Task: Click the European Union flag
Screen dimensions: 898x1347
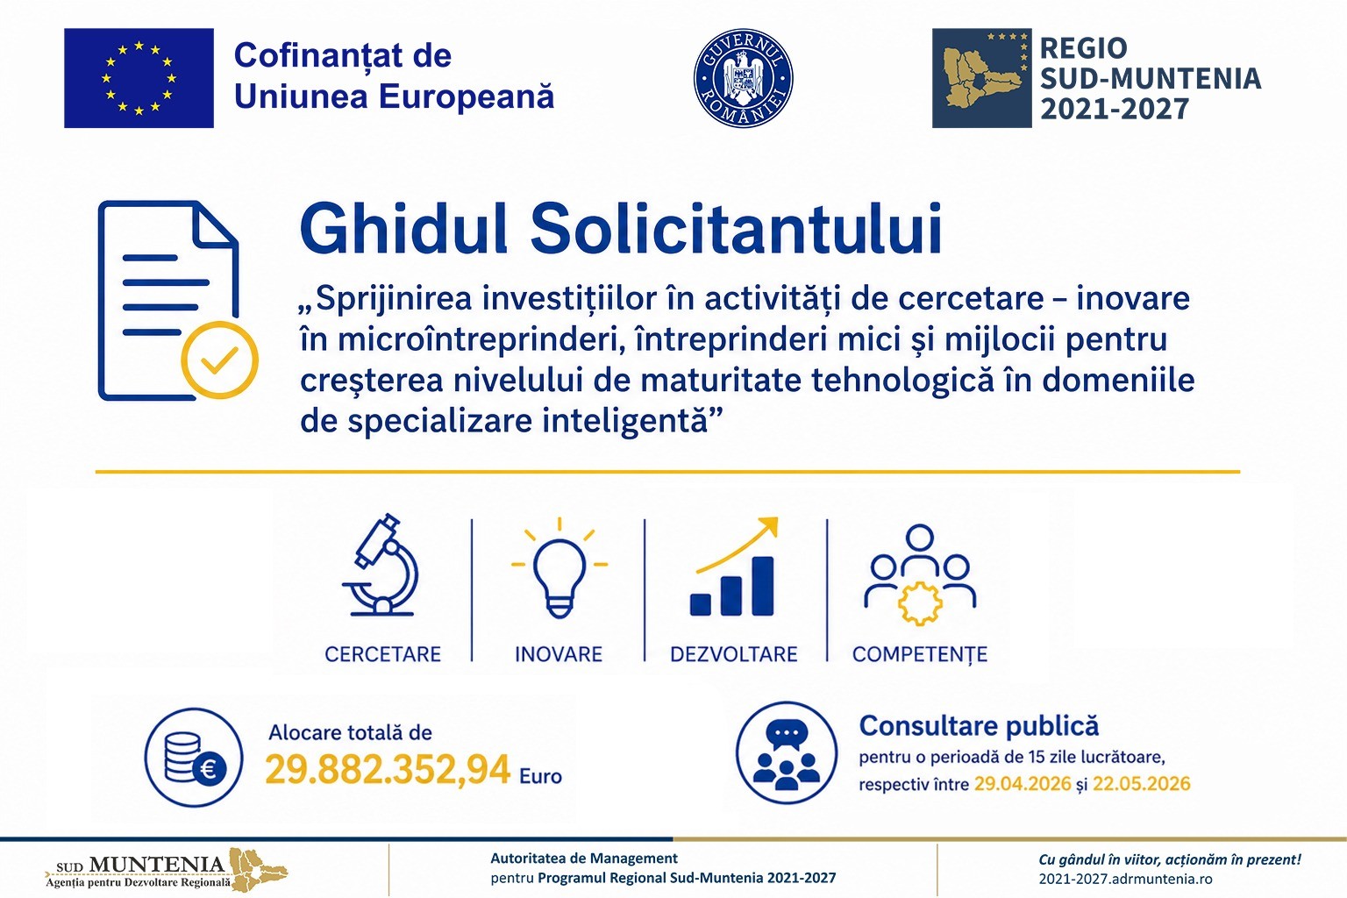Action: click(139, 78)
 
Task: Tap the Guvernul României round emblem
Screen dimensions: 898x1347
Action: click(743, 78)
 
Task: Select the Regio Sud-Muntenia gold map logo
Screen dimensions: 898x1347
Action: click(981, 78)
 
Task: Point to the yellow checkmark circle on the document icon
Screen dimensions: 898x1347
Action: click(219, 360)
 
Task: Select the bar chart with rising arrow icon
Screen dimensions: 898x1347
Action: click(733, 568)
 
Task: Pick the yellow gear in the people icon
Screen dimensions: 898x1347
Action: click(918, 602)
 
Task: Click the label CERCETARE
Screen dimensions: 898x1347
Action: click(382, 654)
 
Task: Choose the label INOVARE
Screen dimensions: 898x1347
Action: click(559, 654)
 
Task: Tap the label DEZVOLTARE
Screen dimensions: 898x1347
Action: click(733, 654)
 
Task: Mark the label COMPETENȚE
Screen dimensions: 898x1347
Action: click(919, 654)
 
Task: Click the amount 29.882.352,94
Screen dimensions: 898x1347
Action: click(388, 770)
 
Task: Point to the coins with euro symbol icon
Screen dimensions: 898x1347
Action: click(194, 758)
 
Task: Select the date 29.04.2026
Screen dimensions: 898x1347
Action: click(1023, 783)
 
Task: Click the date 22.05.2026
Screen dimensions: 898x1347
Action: click(1141, 783)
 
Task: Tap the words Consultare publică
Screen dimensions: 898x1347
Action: click(979, 726)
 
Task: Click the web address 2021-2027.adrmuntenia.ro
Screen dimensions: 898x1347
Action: click(1125, 879)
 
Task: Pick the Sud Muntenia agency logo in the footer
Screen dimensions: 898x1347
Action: click(167, 870)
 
